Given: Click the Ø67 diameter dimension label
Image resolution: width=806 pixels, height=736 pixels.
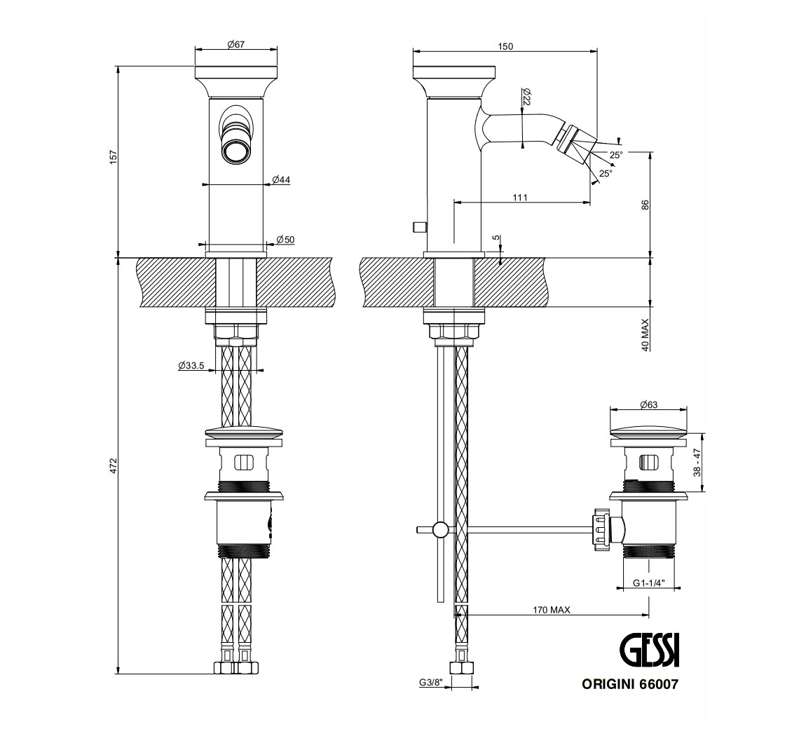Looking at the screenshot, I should [236, 44].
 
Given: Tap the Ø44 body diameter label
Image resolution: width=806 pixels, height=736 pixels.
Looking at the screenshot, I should [281, 179].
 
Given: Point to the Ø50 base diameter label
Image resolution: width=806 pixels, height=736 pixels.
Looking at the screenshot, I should [285, 240].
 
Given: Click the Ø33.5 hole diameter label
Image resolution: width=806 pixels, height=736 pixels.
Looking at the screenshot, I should [191, 365].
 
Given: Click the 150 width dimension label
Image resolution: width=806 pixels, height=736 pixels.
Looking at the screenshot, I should [505, 46].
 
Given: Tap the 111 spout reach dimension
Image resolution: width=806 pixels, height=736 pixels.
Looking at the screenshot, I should [519, 198].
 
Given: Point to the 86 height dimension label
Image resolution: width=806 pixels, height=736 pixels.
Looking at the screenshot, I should [646, 205].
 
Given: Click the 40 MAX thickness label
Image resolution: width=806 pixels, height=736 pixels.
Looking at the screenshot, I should [646, 334].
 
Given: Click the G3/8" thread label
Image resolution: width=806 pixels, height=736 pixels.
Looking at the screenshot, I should [430, 682].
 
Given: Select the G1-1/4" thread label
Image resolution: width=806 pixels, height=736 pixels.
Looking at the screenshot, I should [649, 582].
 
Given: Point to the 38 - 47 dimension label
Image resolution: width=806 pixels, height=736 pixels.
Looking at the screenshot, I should [697, 463].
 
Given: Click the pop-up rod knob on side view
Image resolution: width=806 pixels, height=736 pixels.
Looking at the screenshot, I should [420, 226].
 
